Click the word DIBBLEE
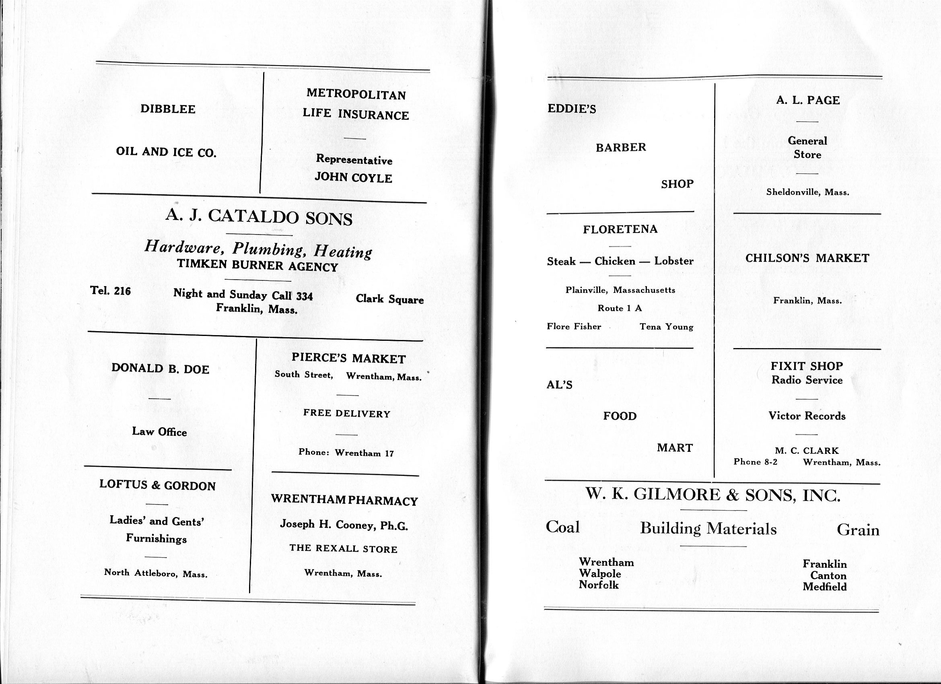coord(168,109)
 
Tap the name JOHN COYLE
coord(353,178)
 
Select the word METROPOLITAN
coord(356,94)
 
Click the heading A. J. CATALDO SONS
coord(259,217)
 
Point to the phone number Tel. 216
coord(110,291)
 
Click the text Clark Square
coord(389,299)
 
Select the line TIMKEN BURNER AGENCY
coord(257,266)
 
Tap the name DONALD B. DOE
coord(160,369)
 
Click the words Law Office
coord(159,432)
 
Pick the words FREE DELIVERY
coord(347,413)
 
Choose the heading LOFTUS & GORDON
coord(157,485)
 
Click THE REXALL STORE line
coord(343,549)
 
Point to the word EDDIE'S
coord(572,109)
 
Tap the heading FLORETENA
coord(620,229)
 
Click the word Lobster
coord(674,261)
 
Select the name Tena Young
coord(666,327)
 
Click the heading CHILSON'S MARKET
coord(807,258)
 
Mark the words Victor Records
coord(807,416)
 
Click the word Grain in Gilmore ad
coord(858,530)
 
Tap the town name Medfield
coord(824,587)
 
